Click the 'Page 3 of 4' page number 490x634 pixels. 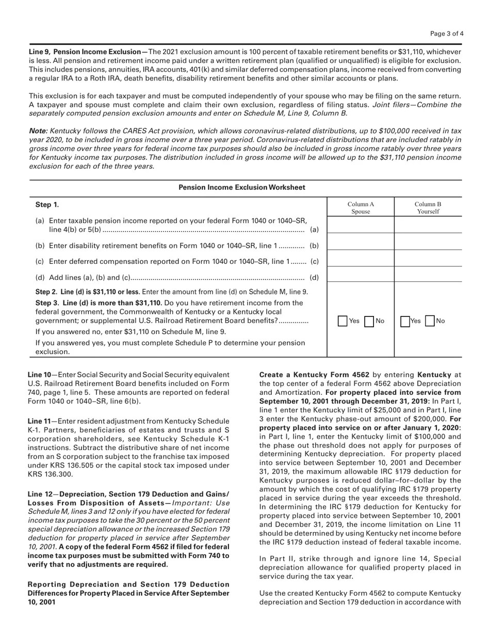coord(447,34)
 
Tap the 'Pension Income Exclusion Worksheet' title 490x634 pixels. coord(242,188)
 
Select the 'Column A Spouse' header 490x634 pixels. coord(361,208)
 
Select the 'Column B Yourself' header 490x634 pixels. coord(428,208)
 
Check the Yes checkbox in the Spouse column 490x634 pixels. coord(342,321)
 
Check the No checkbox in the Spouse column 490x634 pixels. coord(369,321)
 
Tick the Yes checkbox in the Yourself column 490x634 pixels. coord(405,321)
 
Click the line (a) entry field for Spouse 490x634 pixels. coord(361,225)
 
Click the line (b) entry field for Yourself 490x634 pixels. coord(428,242)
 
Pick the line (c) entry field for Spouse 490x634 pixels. coord(361,259)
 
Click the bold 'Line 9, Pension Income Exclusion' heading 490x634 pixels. coord(88,52)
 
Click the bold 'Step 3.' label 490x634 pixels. coord(47,303)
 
